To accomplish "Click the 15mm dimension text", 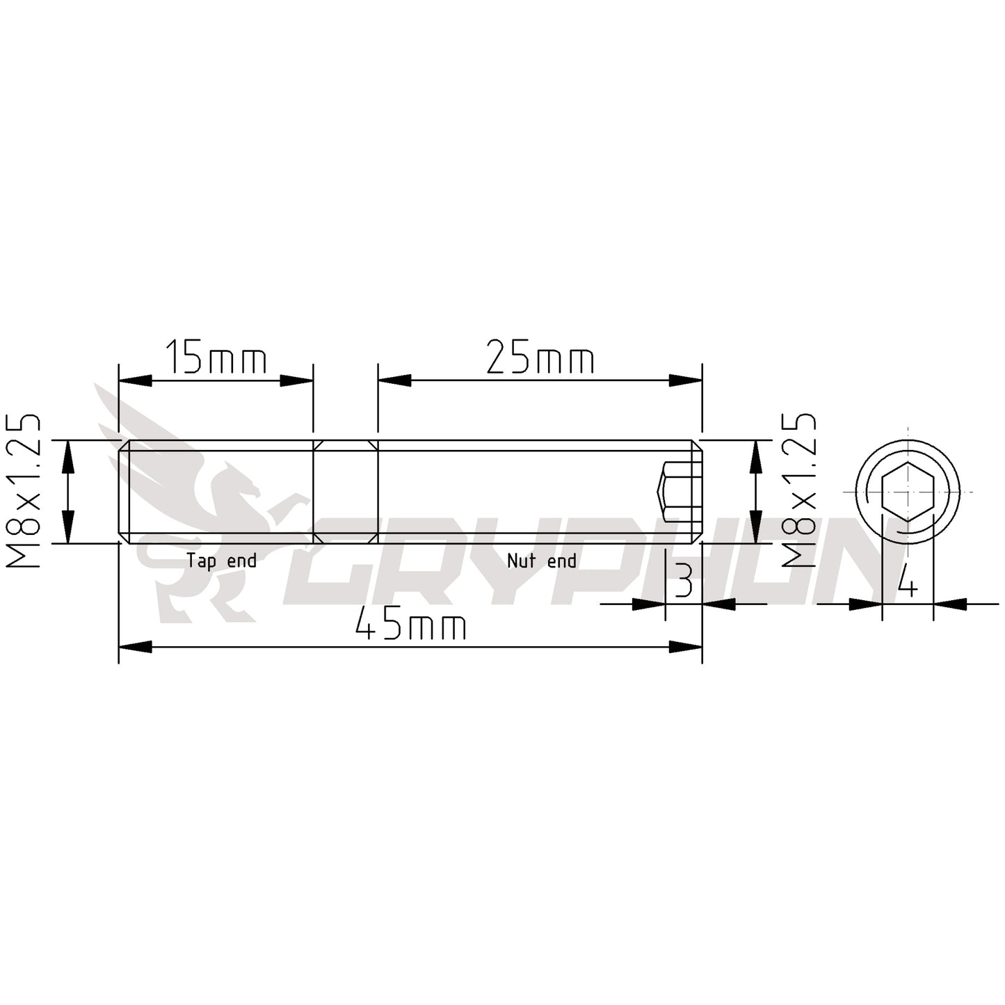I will tap(216, 359).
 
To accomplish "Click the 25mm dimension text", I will tap(540, 359).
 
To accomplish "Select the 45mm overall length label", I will tap(410, 626).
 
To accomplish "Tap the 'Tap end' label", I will tap(221, 561).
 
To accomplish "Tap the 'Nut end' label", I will tap(541, 561).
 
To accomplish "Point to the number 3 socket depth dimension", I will tap(684, 581).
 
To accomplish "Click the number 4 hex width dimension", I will tap(907, 581).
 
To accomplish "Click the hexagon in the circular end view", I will tap(908, 491).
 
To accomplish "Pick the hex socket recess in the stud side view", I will tap(678, 491).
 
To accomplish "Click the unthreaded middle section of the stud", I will tap(346, 491).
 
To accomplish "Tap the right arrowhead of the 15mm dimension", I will tap(297, 380).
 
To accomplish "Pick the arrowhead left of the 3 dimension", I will tap(649, 604).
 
